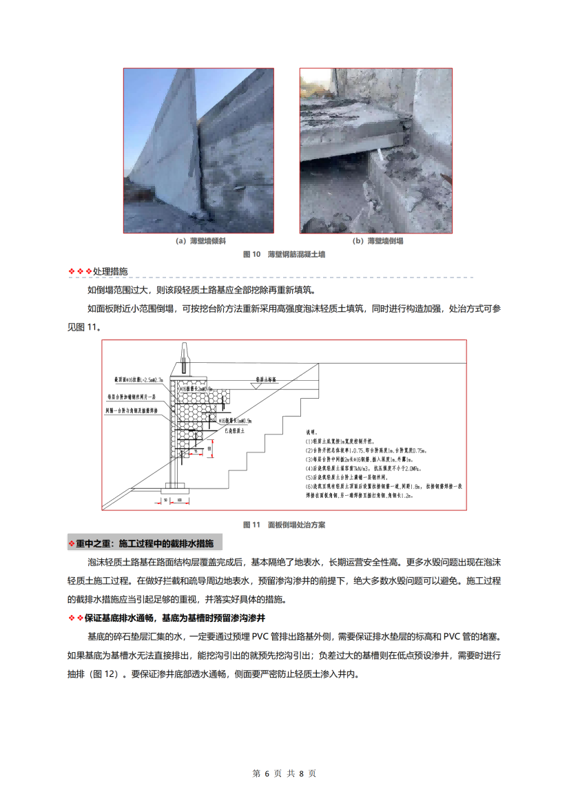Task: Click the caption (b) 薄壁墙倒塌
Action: point(377,241)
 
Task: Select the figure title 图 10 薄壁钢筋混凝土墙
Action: point(284,254)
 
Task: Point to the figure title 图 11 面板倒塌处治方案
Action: point(284,524)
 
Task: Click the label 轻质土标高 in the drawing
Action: point(267,379)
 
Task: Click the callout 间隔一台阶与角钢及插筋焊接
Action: point(131,410)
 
